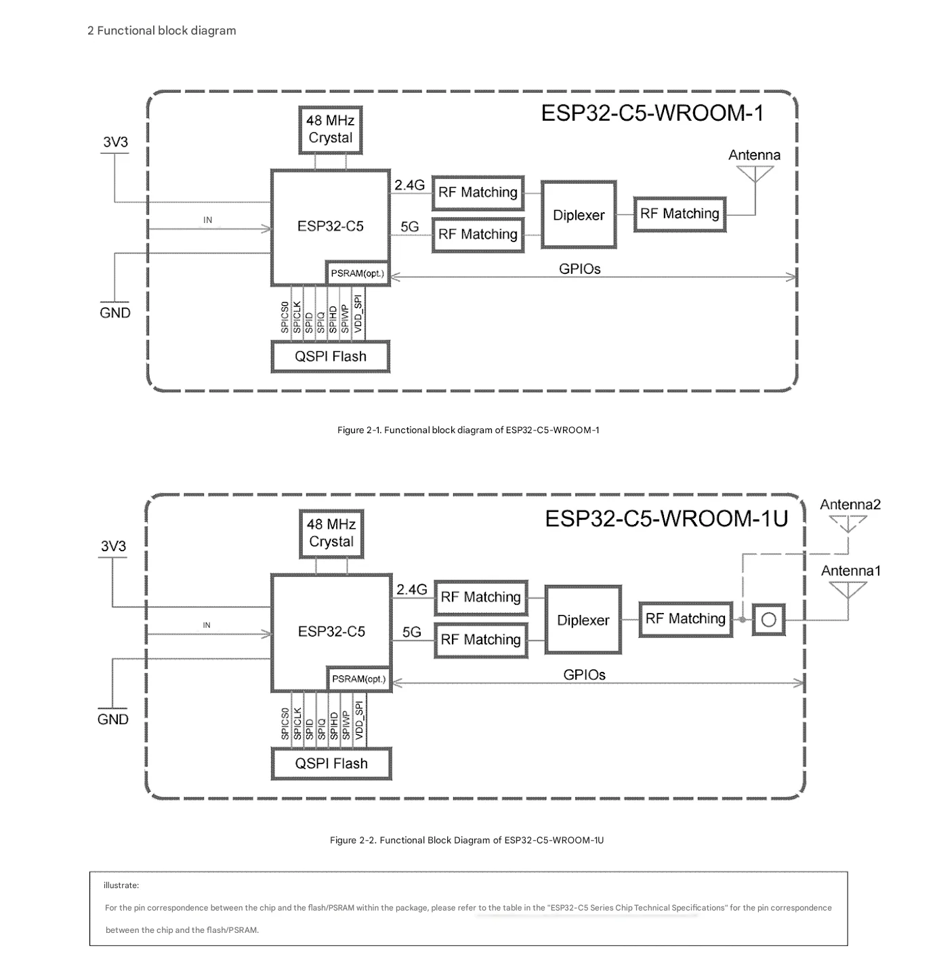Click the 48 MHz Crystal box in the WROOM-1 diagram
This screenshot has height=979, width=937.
point(330,129)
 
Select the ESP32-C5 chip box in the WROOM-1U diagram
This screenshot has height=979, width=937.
point(331,633)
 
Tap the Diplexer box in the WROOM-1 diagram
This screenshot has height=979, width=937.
point(579,215)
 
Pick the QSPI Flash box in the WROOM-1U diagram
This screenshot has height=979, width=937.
point(331,763)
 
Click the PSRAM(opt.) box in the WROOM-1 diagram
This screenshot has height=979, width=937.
point(358,273)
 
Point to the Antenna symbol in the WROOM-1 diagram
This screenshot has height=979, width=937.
point(755,174)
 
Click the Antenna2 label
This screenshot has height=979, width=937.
point(850,504)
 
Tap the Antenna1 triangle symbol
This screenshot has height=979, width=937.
point(848,590)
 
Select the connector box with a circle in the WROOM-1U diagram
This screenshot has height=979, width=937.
point(768,619)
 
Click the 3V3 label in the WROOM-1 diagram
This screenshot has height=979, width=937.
point(116,142)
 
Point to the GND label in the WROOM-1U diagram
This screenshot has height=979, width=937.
point(112,719)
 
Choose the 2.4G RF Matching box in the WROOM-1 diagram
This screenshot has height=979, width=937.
point(478,193)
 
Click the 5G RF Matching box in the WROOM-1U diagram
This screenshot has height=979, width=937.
point(481,640)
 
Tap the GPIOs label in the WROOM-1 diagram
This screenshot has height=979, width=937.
point(579,269)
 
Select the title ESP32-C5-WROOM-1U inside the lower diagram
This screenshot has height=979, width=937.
point(667,519)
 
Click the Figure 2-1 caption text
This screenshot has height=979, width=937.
point(468,430)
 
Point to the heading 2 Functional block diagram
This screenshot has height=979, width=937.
point(161,31)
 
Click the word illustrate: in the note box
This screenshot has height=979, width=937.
point(121,885)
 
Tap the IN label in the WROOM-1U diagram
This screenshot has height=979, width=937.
point(207,625)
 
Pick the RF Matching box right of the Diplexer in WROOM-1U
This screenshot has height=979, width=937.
point(686,619)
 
